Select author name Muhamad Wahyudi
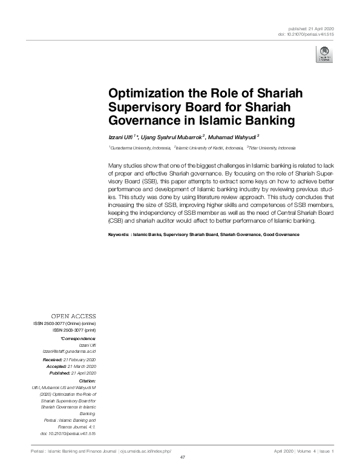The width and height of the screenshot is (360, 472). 232,137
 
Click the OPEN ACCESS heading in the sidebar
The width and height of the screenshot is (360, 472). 73,316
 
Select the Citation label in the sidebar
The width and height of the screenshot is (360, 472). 88,379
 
